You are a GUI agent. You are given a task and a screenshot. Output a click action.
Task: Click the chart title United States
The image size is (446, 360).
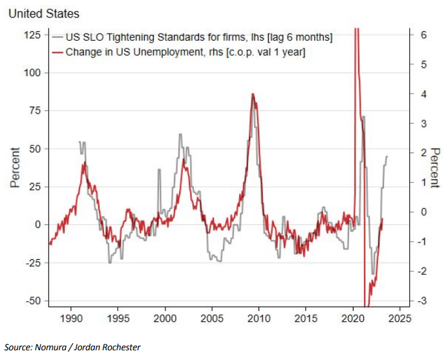tap(44, 14)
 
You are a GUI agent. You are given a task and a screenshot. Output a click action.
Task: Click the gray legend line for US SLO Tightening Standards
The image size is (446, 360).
tap(58, 37)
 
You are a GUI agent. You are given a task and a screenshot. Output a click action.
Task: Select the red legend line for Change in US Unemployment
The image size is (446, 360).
tap(58, 52)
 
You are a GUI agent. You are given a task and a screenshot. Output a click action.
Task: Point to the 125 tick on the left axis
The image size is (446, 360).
tap(33, 35)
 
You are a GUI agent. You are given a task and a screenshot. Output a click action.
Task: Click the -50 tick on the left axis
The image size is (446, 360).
tap(34, 301)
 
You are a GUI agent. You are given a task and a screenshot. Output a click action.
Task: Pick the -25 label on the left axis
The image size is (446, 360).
tap(34, 263)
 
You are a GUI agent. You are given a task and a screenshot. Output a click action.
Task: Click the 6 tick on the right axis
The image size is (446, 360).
tap(423, 35)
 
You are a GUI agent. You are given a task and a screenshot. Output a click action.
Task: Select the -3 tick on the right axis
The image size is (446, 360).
tap(422, 301)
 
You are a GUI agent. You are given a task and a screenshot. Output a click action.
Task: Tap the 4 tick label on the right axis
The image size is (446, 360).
tap(423, 94)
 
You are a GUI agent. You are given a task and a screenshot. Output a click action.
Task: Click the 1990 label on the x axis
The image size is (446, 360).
tap(71, 318)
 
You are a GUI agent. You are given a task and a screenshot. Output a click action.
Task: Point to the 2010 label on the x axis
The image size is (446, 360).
tap(259, 318)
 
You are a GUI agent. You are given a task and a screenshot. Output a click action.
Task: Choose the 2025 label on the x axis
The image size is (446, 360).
tap(400, 318)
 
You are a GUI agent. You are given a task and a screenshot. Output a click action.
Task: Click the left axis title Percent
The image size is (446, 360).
tap(15, 167)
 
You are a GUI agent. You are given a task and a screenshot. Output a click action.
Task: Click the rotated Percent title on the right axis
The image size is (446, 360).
tap(434, 167)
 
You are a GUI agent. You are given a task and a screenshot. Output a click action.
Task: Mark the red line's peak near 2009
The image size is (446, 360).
tap(253, 94)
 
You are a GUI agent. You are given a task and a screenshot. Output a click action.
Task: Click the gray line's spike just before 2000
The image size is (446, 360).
tap(159, 170)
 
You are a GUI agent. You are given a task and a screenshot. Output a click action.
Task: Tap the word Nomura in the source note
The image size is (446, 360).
tap(50, 347)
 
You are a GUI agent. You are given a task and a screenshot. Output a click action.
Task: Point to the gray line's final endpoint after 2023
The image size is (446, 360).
tap(387, 156)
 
